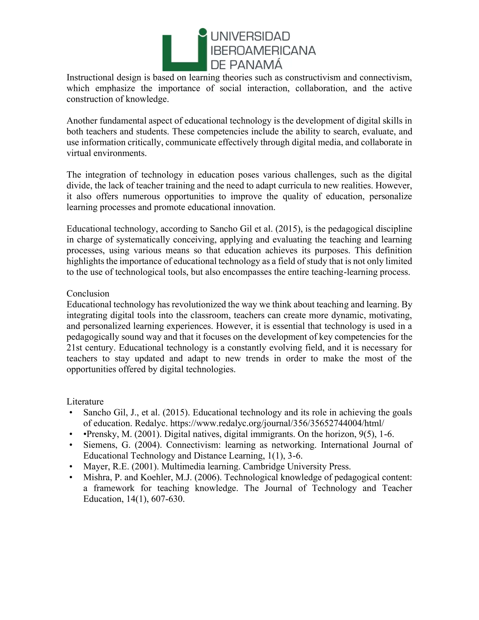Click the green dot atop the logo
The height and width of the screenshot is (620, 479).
pos(202,32)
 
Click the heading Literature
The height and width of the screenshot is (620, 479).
pos(85,401)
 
